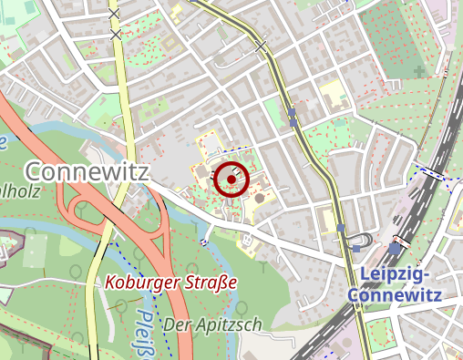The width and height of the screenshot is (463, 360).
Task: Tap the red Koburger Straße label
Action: (x=170, y=283)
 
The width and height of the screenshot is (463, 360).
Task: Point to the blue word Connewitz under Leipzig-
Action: (x=395, y=295)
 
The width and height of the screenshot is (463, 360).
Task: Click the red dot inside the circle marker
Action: (x=231, y=180)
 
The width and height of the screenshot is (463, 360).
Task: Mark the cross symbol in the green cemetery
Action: (x=418, y=70)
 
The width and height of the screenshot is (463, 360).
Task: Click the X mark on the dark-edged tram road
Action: (x=262, y=45)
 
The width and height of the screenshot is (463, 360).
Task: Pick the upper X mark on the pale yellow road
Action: (x=114, y=15)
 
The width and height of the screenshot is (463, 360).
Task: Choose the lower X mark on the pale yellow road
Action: (x=116, y=35)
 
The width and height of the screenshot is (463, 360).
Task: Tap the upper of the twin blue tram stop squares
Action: (x=292, y=112)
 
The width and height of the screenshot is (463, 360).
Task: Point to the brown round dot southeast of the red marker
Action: (x=259, y=196)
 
